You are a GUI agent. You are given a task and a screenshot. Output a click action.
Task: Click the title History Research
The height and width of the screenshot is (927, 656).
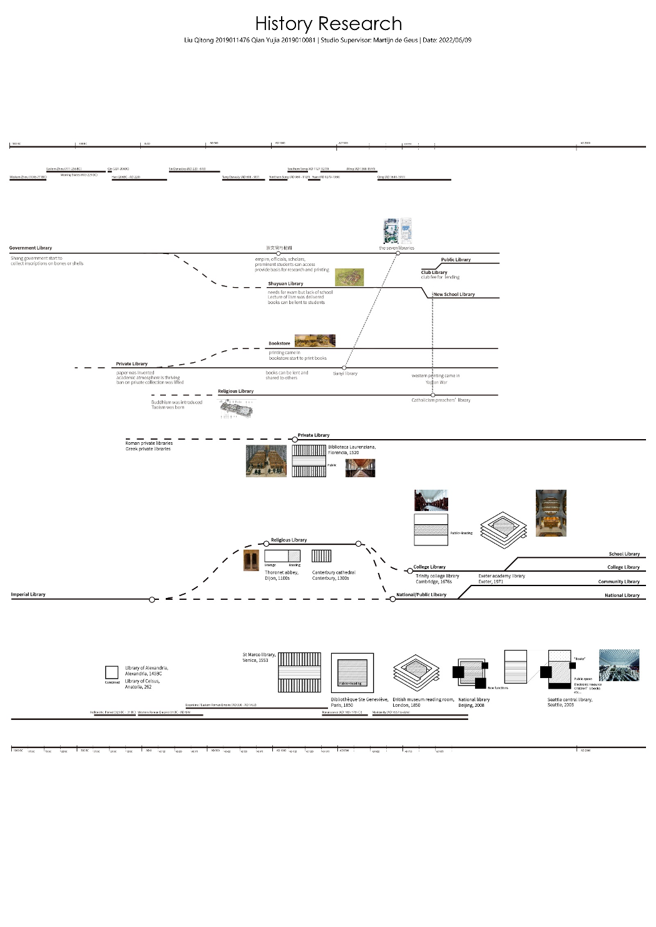pos(328,24)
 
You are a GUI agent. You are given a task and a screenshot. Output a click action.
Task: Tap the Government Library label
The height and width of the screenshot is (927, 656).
pos(31,248)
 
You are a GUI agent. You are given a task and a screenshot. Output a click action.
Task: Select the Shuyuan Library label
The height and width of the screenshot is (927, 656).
pos(285,284)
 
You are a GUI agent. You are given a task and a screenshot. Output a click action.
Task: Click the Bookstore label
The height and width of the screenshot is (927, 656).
pos(279,343)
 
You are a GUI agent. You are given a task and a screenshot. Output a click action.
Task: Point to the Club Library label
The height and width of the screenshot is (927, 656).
pos(434,272)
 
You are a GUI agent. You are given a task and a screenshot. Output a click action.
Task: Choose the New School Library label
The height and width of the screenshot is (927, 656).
pos(454,294)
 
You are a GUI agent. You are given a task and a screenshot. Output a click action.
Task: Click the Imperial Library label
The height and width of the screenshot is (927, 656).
pos(28,594)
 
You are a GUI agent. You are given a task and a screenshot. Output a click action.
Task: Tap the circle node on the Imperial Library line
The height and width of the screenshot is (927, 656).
pos(152,599)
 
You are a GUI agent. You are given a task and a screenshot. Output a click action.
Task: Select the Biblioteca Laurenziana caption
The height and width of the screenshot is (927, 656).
pos(352,450)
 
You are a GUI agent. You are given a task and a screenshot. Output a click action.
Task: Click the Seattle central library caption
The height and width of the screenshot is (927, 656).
pos(570,702)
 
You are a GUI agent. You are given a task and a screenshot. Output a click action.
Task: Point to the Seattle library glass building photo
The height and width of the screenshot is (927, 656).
pos(619,665)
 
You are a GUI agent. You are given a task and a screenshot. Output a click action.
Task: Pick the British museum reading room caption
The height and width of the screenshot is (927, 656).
pos(423,702)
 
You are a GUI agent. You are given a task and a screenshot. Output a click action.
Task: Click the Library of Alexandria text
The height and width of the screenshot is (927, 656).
pos(146,671)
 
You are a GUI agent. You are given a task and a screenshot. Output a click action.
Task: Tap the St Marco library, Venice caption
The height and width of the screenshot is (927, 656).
pos(259,657)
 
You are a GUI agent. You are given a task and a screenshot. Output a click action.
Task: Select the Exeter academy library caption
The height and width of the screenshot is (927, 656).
pos(501,579)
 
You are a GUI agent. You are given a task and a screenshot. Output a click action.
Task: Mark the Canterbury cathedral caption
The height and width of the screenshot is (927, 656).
pos(334,575)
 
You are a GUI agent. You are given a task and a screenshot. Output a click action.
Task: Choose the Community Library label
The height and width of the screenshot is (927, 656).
pos(618,582)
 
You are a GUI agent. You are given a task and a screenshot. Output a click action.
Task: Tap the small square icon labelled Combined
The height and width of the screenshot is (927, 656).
pos(112,672)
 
